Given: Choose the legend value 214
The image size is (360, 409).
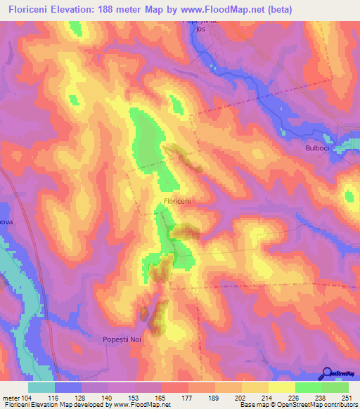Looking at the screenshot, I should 255,397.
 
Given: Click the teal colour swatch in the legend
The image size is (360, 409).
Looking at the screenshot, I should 41,387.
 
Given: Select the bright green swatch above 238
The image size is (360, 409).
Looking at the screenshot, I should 309,387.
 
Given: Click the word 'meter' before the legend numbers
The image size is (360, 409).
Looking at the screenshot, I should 10,397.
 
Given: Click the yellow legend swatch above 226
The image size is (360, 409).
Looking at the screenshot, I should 281,387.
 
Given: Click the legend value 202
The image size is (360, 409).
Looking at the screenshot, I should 228,397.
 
